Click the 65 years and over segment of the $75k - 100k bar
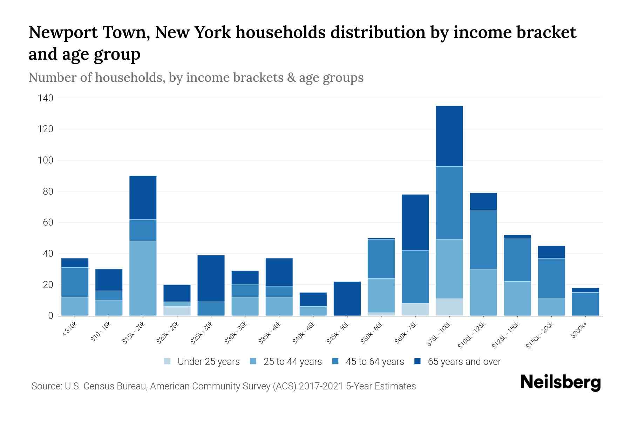[449, 136]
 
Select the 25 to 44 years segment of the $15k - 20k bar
[143, 278]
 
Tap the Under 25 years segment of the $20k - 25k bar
[177, 311]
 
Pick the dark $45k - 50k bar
[347, 299]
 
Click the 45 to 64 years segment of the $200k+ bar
[585, 304]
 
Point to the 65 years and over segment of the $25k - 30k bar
[211, 278]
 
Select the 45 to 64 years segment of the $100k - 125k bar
[483, 239]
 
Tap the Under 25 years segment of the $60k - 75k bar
[415, 309]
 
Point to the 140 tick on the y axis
[45, 98]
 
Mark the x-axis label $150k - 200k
[540, 335]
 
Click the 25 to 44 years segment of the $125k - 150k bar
[517, 299]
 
